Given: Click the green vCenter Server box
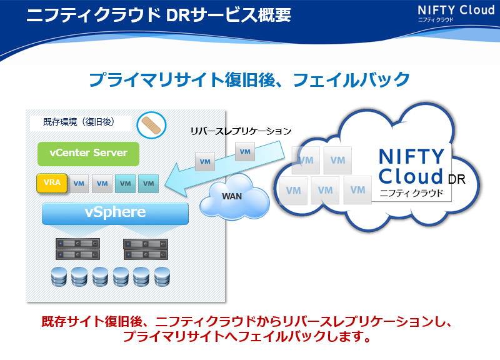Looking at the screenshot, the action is tap(88, 154).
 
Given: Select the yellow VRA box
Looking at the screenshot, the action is tap(52, 183).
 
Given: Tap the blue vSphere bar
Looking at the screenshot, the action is tap(115, 213).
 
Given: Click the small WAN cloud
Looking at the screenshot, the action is tap(234, 197).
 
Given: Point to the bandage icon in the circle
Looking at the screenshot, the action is tap(151, 125).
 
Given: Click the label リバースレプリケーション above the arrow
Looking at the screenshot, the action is tap(241, 131).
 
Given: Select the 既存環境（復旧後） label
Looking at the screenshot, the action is tap(79, 122).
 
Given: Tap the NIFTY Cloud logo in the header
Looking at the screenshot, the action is tap(456, 13).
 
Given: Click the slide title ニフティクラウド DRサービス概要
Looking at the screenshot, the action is tap(159, 14).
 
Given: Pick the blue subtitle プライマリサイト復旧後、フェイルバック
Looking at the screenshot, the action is tap(249, 79).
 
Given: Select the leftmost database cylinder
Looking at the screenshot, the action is tap(59, 276).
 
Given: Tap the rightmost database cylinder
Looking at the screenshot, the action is tap(162, 276).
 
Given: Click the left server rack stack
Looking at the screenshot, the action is tap(77, 249).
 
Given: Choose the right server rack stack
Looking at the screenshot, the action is tap(146, 249).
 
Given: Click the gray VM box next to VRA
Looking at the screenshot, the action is tap(79, 184).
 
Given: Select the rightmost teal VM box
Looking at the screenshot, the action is tap(149, 184).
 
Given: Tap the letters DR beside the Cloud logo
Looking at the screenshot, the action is tap(457, 179).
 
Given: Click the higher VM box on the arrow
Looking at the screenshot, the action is tap(245, 152).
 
